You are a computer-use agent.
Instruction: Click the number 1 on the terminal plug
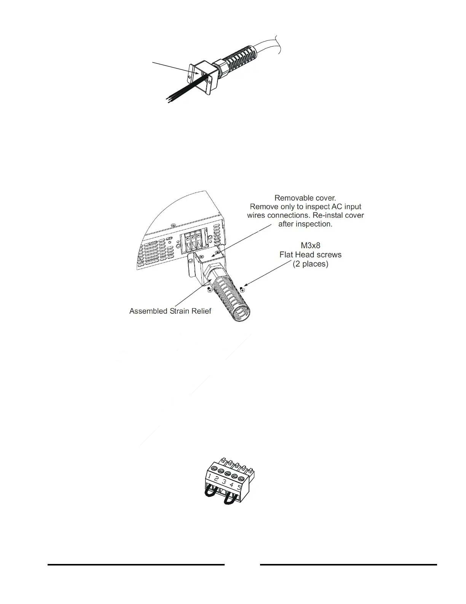pos(210,476)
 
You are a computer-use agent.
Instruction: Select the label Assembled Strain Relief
pos(170,311)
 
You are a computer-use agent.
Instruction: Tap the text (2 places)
pos(310,264)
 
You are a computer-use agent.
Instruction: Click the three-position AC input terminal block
pos(193,241)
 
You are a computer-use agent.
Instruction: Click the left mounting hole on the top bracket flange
pos(190,77)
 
